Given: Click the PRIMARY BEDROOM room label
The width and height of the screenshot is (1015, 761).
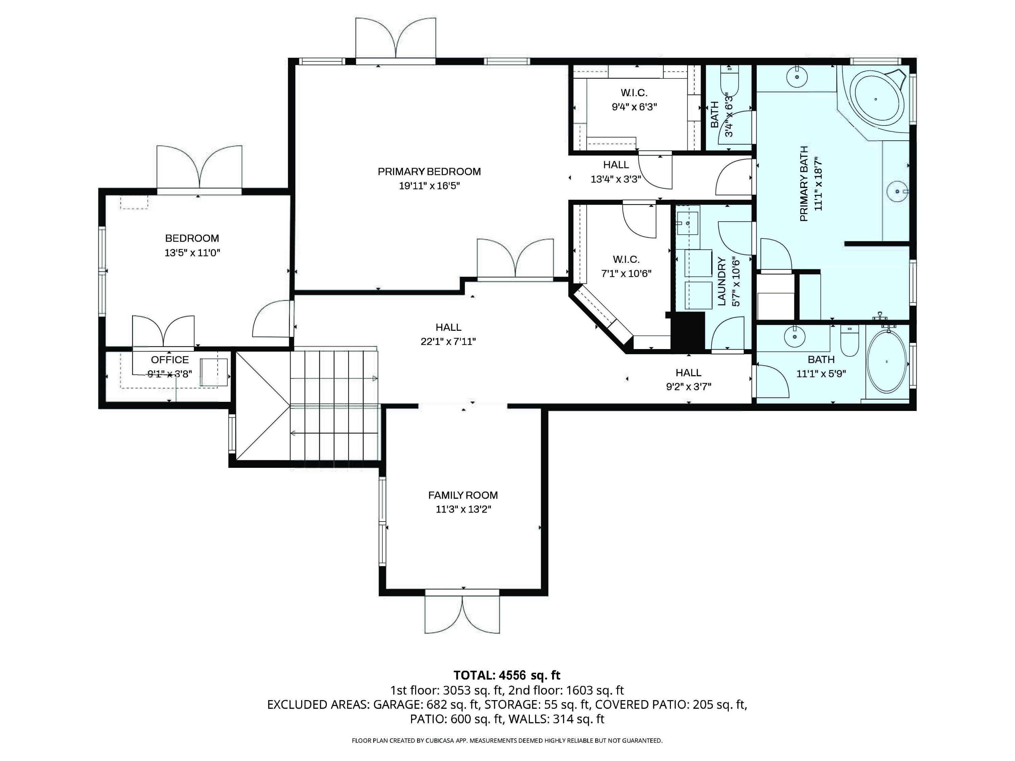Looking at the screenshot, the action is (x=429, y=171).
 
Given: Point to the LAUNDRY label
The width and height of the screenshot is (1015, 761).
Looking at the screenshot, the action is (x=721, y=282).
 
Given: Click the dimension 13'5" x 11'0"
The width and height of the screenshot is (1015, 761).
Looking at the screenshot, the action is (x=192, y=252).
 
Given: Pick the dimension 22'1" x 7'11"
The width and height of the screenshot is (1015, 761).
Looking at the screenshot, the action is (x=448, y=341).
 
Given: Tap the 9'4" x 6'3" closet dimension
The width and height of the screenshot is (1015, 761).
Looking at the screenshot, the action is (x=634, y=107).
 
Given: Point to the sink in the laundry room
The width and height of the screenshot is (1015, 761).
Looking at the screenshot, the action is (x=687, y=223).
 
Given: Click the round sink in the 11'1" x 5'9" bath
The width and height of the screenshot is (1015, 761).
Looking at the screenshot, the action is (x=795, y=337).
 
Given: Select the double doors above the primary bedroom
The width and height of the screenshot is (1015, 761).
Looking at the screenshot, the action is (x=396, y=39).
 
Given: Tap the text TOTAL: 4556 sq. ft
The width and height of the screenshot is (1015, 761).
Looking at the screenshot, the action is (x=507, y=675).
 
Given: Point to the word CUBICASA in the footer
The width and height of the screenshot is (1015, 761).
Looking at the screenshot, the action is (x=441, y=740).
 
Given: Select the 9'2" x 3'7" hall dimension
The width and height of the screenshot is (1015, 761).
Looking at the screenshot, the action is (x=689, y=386).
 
